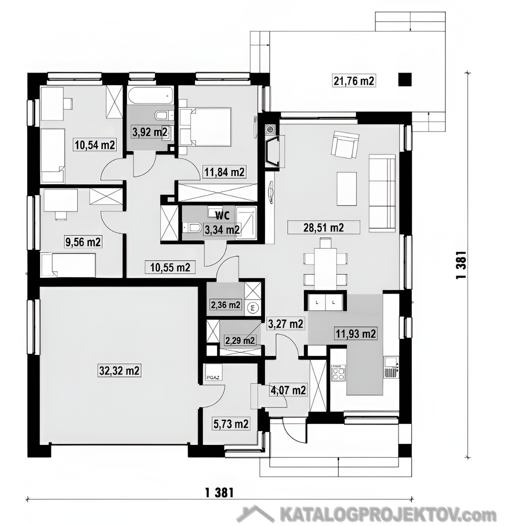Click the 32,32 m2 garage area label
click(119, 371)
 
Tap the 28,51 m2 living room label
click(323, 228)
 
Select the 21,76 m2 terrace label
click(354, 81)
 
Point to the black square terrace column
click(405, 80)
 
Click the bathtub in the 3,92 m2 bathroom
click(150, 97)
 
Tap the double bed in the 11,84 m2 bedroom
click(205, 127)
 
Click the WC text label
click(222, 215)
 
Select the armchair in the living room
click(345, 145)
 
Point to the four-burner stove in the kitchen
click(338, 374)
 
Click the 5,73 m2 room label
click(231, 424)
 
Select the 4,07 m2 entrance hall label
click(288, 390)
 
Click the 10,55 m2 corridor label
click(170, 267)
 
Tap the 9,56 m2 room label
click(83, 242)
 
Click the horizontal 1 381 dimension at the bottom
click(219, 493)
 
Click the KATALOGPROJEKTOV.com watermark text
click(388, 514)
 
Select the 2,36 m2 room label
click(226, 305)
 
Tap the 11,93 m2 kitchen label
click(355, 334)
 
